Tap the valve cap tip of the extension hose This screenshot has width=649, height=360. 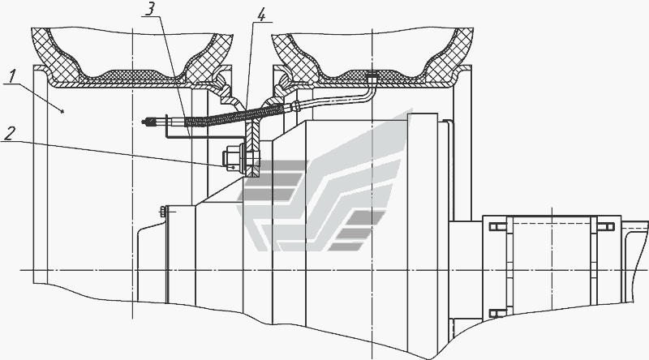pos(147,123)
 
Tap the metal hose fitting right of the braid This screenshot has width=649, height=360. pos(296,104)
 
